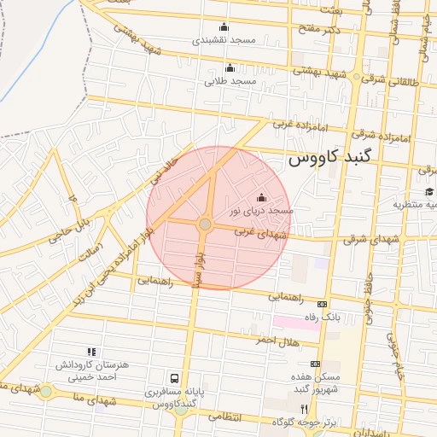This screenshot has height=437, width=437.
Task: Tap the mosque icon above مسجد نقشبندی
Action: point(224,26)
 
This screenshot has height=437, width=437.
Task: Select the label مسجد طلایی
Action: point(230,81)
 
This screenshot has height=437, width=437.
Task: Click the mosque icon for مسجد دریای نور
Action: point(261,198)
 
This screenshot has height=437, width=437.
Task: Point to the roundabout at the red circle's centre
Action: point(206,224)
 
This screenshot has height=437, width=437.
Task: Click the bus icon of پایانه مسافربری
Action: point(175,378)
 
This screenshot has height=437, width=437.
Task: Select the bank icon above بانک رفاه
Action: point(322,304)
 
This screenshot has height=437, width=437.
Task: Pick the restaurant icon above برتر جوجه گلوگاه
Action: point(303,410)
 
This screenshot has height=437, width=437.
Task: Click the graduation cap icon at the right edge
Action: point(429,191)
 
